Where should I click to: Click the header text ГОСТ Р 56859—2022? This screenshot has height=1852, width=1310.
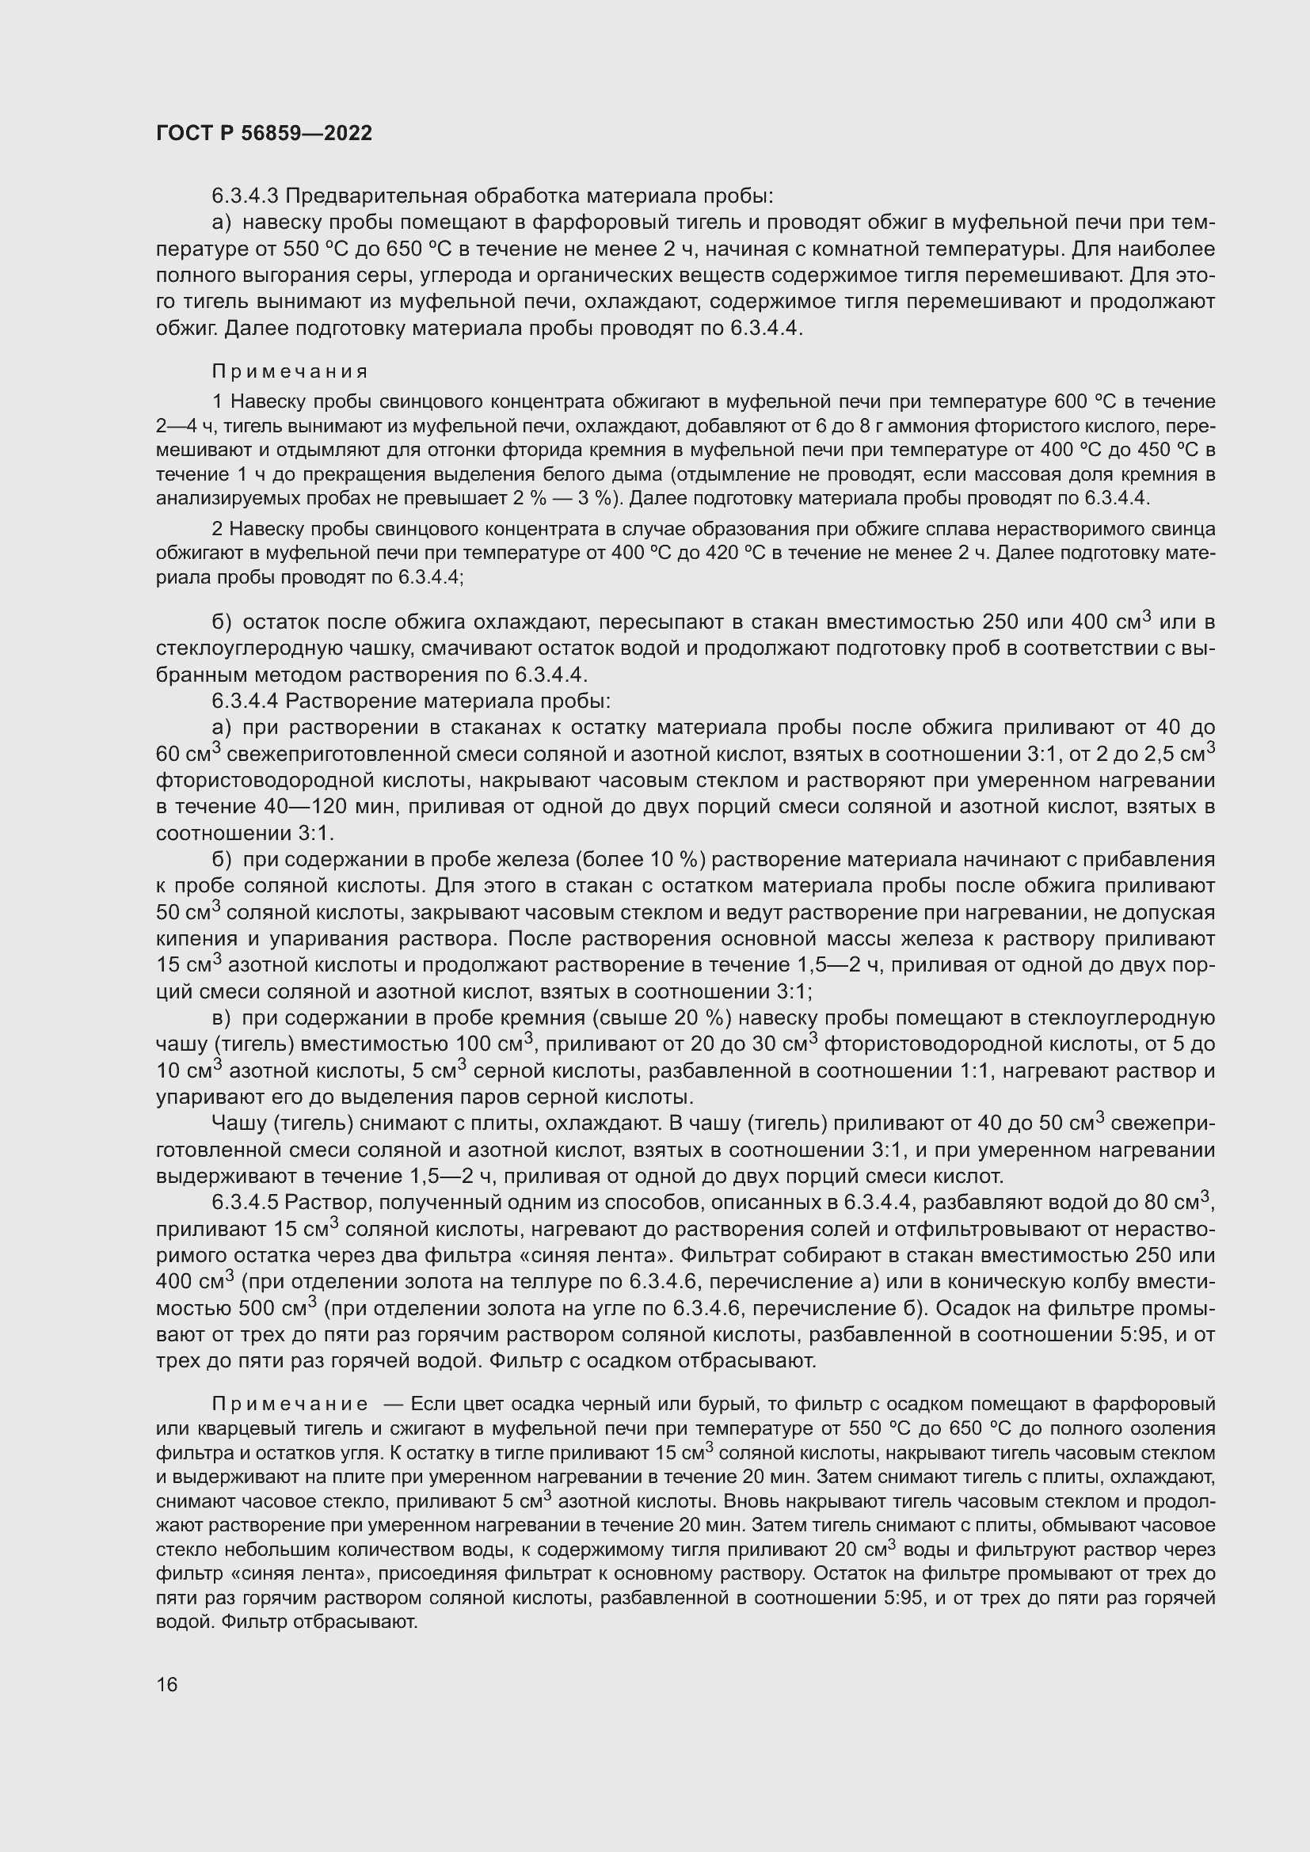pos(264,134)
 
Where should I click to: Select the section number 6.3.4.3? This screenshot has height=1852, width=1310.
pos(245,196)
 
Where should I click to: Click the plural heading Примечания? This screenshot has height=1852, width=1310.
pos(290,372)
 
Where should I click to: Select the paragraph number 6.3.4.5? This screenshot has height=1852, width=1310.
pos(245,1203)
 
